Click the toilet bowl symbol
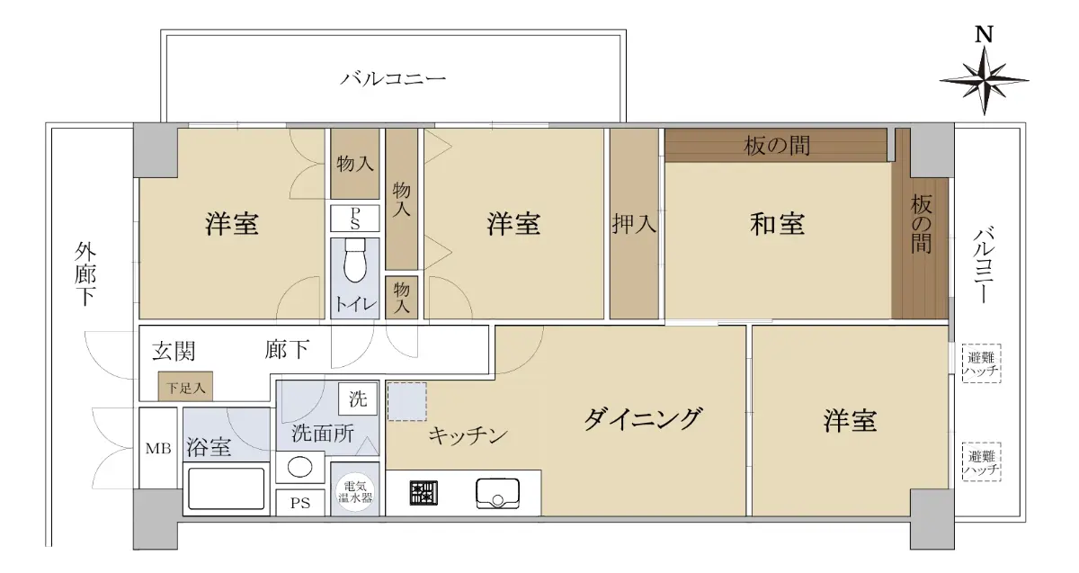coord(355,261)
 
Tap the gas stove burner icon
coord(424,493)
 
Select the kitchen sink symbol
coord(497,494)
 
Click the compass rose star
coord(984,81)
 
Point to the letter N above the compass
coord(984,35)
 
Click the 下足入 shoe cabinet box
coord(185,386)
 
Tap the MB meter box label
coord(158,449)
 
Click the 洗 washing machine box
coord(358,398)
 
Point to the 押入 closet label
coord(634,224)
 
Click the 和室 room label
coord(777,224)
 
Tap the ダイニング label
coord(643,419)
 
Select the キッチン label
coord(468,435)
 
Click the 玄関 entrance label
coord(174,351)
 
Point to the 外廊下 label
coord(85,273)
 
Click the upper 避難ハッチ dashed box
coord(981,363)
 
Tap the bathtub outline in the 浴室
coord(226,488)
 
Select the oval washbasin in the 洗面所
coord(299,467)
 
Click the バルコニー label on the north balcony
coord(393,78)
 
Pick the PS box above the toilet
coord(355,219)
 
